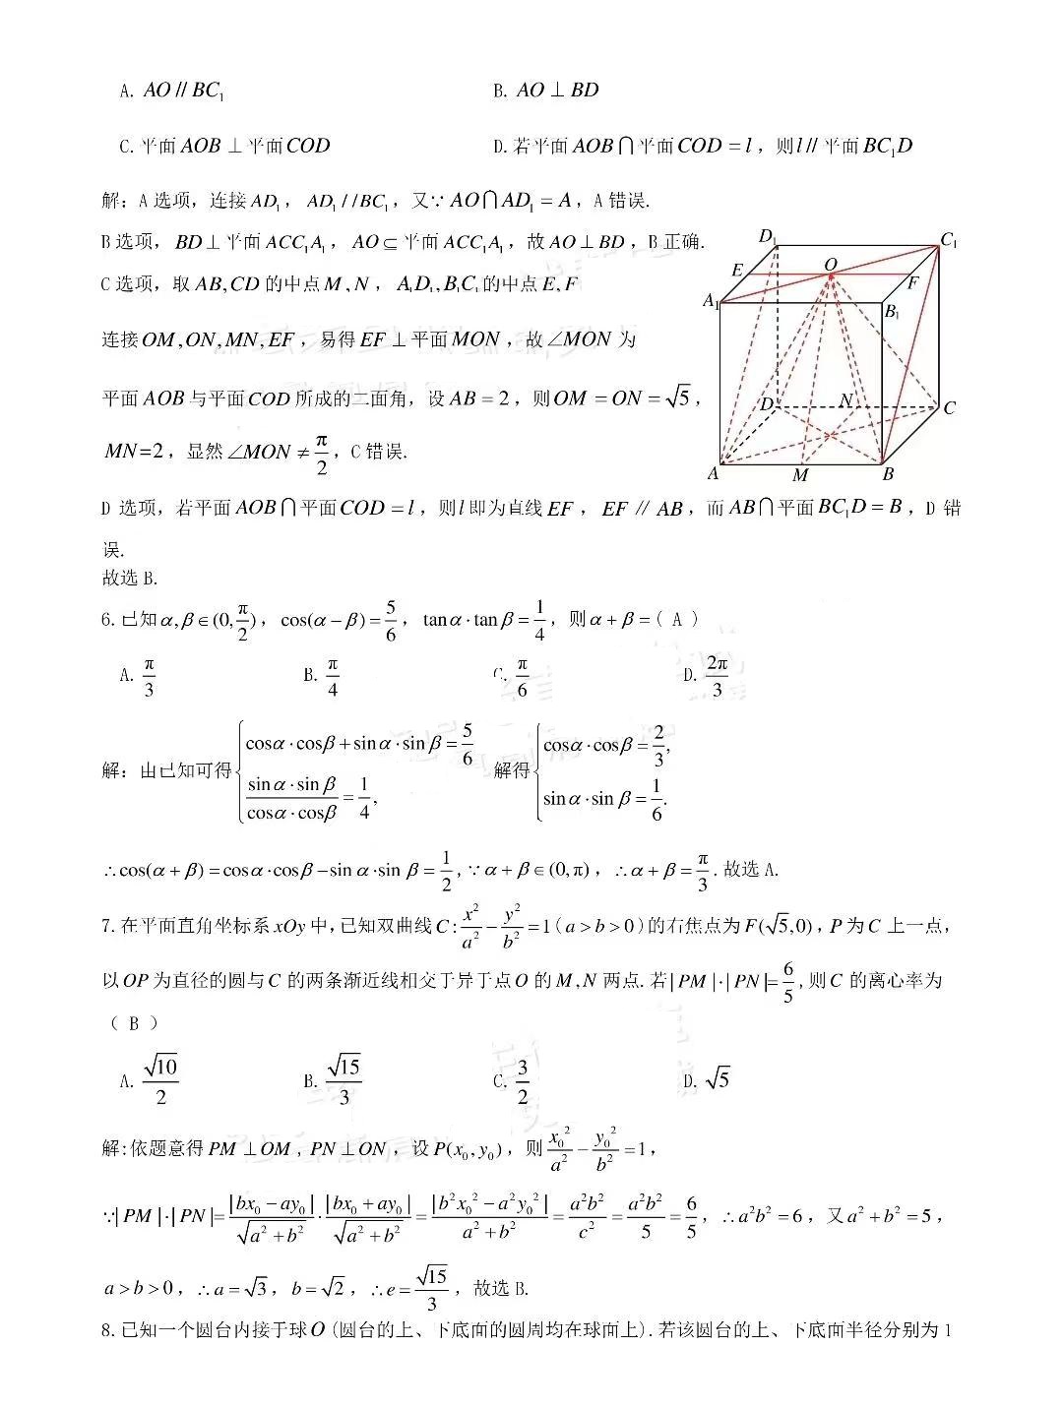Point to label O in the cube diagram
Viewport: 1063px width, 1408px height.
click(x=830, y=265)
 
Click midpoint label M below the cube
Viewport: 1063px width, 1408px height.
click(x=800, y=476)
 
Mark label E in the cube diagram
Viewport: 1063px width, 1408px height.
click(x=737, y=271)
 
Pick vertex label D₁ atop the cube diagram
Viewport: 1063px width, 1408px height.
click(x=767, y=236)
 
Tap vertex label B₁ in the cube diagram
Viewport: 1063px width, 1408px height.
click(x=892, y=312)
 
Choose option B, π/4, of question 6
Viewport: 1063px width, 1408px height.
click(x=322, y=676)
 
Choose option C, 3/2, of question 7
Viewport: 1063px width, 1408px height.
click(x=513, y=1080)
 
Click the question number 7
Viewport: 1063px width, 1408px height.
click(x=107, y=926)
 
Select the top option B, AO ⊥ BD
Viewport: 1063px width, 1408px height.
click(x=546, y=91)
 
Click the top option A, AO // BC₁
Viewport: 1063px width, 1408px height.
click(x=173, y=91)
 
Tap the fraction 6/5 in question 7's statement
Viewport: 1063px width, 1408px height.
click(x=787, y=981)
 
